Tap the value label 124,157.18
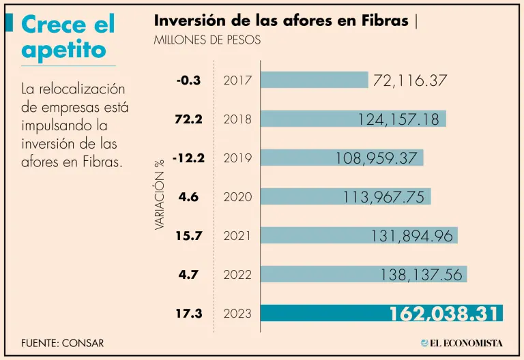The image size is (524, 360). (400, 119)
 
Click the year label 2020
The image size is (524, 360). (237, 197)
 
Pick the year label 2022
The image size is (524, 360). (237, 275)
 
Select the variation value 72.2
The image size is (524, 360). (188, 119)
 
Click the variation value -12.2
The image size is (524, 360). (189, 158)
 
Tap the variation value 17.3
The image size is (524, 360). (188, 314)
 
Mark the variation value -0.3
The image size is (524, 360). (188, 80)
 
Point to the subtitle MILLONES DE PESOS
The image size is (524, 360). (207, 40)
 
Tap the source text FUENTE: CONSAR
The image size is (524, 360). (63, 343)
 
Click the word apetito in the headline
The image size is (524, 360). (64, 49)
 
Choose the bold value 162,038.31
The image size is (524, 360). (444, 314)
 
